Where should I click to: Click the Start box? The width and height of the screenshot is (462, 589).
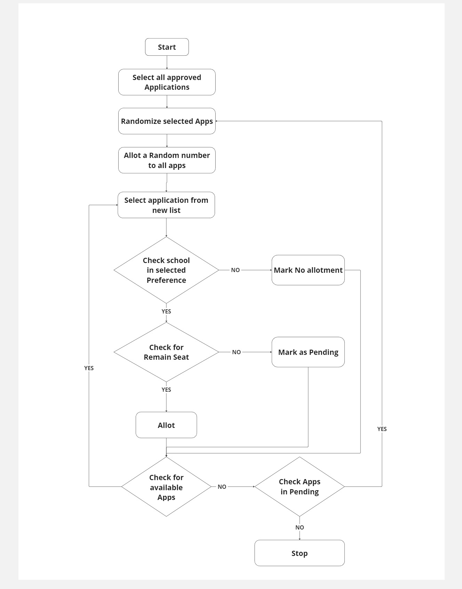click(x=167, y=47)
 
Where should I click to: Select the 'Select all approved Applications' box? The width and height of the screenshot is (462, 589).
click(x=167, y=82)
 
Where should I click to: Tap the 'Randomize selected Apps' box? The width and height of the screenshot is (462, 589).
click(x=167, y=121)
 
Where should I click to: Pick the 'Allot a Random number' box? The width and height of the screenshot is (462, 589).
click(x=167, y=160)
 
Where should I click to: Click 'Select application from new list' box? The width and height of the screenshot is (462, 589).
click(x=166, y=205)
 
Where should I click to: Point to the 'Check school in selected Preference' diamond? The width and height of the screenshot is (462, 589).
click(x=166, y=270)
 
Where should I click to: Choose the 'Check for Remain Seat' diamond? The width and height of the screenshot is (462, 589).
click(x=166, y=352)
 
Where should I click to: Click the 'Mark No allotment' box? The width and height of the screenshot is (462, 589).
click(x=308, y=270)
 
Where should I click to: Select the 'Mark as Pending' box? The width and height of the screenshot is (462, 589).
click(x=308, y=352)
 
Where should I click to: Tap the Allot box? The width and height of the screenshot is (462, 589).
click(x=166, y=425)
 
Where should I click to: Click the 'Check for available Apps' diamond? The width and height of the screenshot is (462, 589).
click(x=166, y=487)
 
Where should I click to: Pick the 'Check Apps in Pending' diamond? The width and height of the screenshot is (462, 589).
click(x=300, y=487)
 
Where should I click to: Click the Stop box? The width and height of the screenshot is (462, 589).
click(x=300, y=553)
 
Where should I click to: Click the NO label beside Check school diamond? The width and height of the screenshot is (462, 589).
click(x=236, y=270)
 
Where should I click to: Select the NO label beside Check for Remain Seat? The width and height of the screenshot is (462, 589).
click(x=237, y=352)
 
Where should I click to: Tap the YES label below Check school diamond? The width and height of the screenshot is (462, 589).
click(x=166, y=311)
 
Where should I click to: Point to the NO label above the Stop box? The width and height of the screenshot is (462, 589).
click(x=300, y=527)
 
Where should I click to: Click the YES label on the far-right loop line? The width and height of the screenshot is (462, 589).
click(x=382, y=429)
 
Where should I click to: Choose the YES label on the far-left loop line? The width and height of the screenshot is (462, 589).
click(x=89, y=368)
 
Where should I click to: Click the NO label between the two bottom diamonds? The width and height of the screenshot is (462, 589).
click(x=222, y=487)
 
